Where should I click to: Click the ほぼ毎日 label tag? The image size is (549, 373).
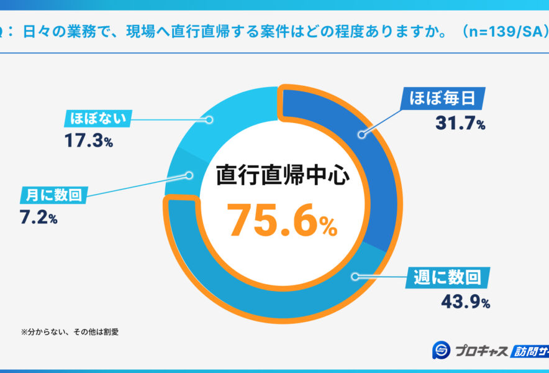(x=442, y=98)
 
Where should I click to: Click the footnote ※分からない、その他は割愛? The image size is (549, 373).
(x=69, y=331)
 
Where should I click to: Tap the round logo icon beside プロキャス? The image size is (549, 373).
(x=442, y=351)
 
